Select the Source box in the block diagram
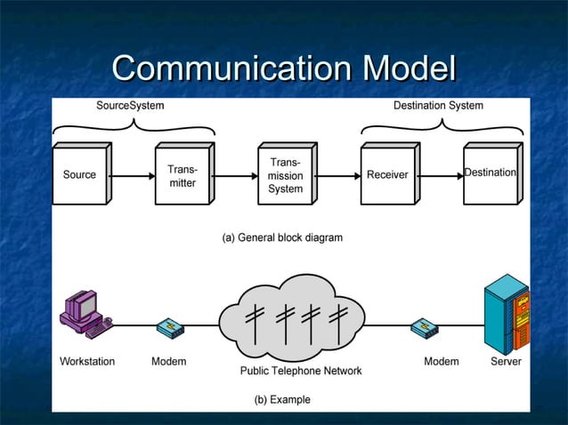pyautogui.click(x=79, y=175)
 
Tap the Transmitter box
pyautogui.click(x=182, y=175)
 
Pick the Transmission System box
pyautogui.click(x=285, y=176)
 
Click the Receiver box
pyautogui.click(x=387, y=175)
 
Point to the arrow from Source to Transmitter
pyautogui.click(x=132, y=175)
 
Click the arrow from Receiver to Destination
pyautogui.click(x=440, y=175)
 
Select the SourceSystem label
pyautogui.click(x=130, y=106)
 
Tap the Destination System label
pyautogui.click(x=438, y=106)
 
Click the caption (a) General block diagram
pyautogui.click(x=281, y=237)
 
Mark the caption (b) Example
pyautogui.click(x=283, y=399)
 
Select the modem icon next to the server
pyautogui.click(x=424, y=328)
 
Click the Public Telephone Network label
pyautogui.click(x=301, y=371)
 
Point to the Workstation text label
pyautogui.click(x=87, y=362)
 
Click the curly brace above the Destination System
pyautogui.click(x=442, y=127)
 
